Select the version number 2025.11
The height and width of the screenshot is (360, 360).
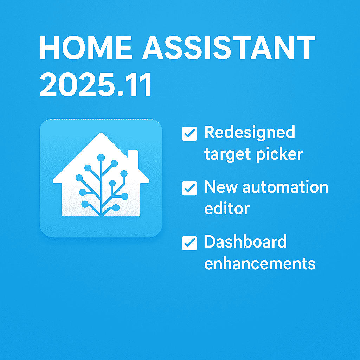pos(96,85)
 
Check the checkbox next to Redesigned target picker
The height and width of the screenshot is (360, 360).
pos(189,134)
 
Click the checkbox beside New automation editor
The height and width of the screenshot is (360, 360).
pos(189,188)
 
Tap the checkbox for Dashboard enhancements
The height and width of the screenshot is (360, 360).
pos(189,243)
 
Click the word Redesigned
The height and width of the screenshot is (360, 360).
pos(250,133)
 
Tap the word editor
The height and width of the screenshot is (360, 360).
pos(227,209)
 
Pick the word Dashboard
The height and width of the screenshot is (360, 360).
pos(245,242)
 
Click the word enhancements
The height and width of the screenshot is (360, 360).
pos(260,263)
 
